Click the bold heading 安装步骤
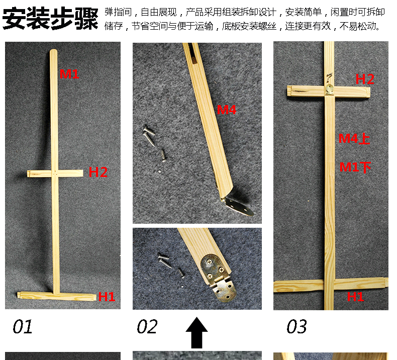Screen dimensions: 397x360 [50, 18]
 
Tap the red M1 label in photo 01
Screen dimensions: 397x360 [69, 74]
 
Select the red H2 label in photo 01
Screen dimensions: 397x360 [98, 172]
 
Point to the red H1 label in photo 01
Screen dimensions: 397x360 [107, 297]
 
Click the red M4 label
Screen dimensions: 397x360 [227, 110]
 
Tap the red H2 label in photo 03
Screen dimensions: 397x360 [365, 79]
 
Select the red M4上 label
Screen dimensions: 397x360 [354, 139]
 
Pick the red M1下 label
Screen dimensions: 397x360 [355, 167]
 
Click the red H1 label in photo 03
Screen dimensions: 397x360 [355, 297]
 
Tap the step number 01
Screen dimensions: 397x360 [23, 326]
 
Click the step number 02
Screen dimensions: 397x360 [147, 326]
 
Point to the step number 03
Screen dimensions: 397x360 [296, 326]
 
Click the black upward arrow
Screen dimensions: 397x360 [196, 332]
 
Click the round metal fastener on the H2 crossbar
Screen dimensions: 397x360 [329, 89]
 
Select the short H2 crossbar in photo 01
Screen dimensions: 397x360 [55, 173]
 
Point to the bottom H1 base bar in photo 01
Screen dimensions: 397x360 [57, 296]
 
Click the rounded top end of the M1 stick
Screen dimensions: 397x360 [53, 51]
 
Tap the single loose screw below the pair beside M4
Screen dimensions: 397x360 [163, 155]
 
